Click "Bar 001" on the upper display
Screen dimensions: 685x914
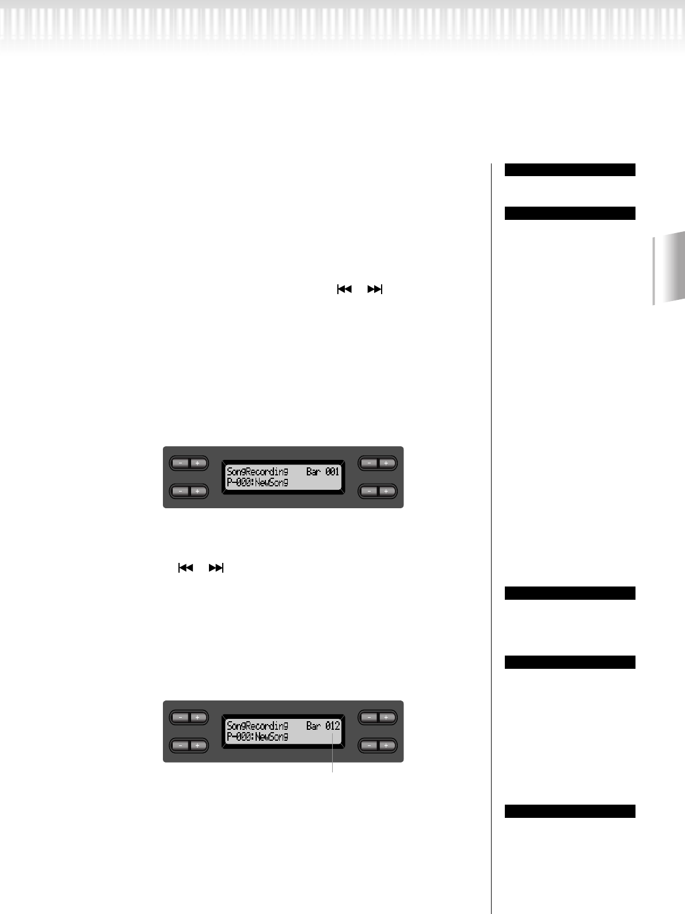tap(323, 471)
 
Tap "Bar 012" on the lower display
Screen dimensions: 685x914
tap(323, 726)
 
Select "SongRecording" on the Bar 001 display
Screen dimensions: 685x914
tap(257, 471)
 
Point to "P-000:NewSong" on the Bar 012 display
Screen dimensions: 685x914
tap(257, 737)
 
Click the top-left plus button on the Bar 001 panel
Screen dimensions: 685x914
tap(197, 463)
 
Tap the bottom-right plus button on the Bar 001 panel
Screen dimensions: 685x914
tap(386, 491)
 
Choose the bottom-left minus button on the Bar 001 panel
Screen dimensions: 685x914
tap(180, 491)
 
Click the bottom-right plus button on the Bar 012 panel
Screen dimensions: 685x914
tap(386, 745)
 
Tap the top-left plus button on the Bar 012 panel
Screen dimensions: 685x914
tap(197, 717)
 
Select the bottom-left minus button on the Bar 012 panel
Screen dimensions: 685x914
tap(180, 745)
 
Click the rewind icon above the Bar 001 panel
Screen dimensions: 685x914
tap(344, 289)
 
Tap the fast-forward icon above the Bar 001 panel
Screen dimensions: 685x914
tap(375, 289)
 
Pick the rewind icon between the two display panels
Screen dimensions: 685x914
tap(185, 568)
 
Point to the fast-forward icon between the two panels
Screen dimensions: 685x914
tap(216, 568)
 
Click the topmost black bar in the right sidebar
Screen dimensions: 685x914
tap(570, 170)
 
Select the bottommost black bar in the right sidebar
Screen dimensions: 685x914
tap(570, 811)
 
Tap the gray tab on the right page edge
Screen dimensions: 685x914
tap(669, 268)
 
